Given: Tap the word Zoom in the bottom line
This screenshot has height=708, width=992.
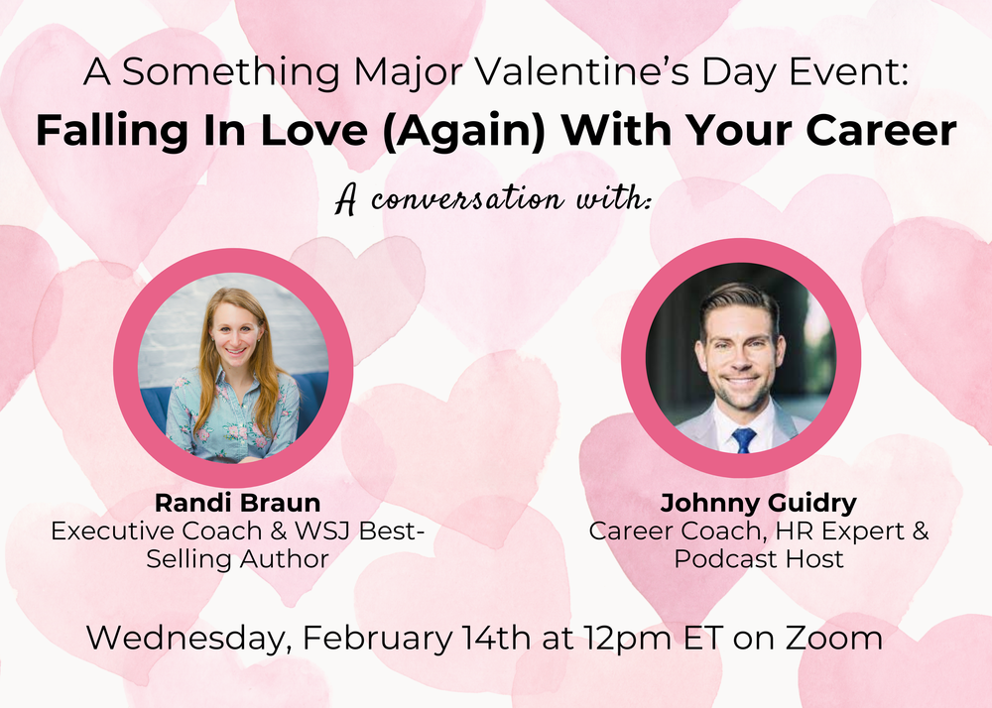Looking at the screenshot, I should (x=834, y=638).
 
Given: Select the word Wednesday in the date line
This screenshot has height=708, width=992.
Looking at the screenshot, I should (x=185, y=638).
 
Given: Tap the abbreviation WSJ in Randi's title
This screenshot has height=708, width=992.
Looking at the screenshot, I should (x=314, y=531).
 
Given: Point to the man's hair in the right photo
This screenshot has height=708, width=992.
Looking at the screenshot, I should (x=739, y=298).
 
